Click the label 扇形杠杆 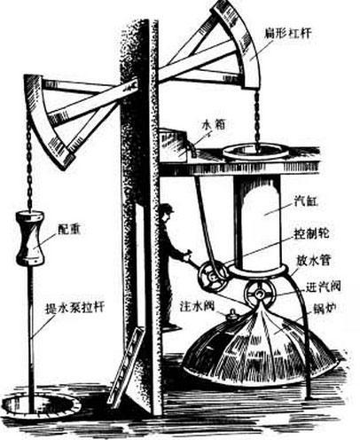[x=287, y=33]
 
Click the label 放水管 [x=313, y=261]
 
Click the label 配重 [x=69, y=229]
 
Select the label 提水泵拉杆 [x=74, y=308]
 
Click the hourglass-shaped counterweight [x=30, y=238]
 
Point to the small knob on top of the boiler [x=232, y=314]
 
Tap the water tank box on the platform [x=174, y=145]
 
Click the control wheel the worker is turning [x=213, y=277]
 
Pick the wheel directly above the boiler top [x=260, y=294]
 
